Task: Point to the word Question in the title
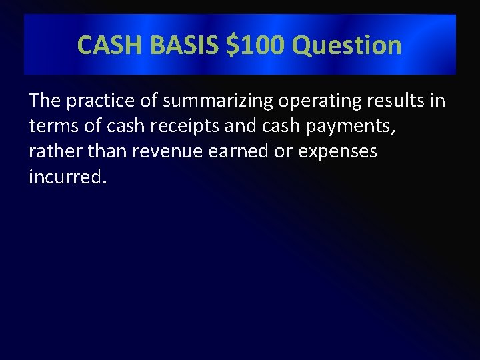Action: point(347,45)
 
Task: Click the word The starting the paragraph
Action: point(45,101)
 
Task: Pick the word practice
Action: point(96,101)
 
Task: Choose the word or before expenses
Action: point(284,152)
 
